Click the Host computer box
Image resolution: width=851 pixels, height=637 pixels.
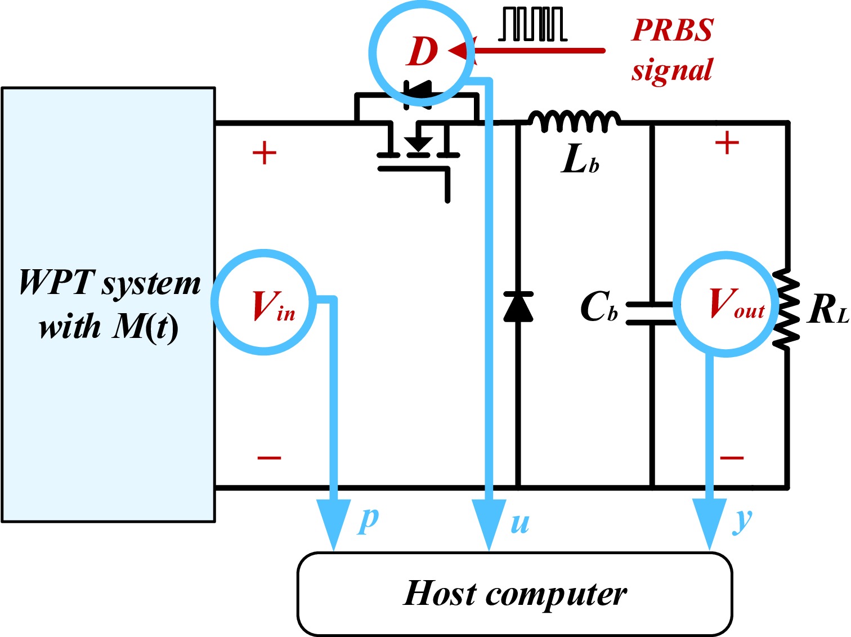coord(515,594)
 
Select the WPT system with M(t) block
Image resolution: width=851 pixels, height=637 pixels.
coord(108,305)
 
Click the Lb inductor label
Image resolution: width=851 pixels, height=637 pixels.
coord(580,160)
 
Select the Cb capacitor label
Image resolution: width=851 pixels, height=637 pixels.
coord(599,306)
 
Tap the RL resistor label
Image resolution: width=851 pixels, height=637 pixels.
coord(827,310)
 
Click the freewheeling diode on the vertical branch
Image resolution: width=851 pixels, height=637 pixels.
coord(518,306)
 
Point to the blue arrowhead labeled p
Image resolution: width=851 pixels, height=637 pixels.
coord(333,524)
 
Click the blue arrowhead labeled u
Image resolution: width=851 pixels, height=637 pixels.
coord(489,524)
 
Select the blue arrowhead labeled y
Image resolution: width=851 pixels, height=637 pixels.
coord(710,524)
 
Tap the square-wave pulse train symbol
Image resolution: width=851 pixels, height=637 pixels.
coord(532,24)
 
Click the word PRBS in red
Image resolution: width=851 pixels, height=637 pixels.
coord(672,30)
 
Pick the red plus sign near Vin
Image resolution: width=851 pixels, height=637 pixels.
coord(265,153)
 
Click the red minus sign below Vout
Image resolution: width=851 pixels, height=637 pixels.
coord(732,458)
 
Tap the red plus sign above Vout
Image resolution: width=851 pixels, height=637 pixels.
coord(727,142)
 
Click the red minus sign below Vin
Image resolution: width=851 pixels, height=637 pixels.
coord(269,458)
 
